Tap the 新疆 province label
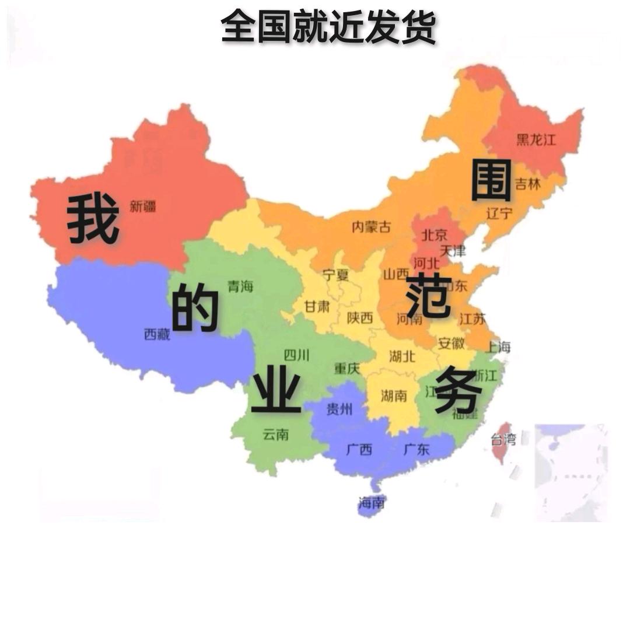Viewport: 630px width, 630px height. tap(143, 206)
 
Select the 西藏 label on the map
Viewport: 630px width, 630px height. tap(157, 334)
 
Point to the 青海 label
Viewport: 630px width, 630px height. tap(240, 286)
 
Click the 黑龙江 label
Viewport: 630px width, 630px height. tap(536, 139)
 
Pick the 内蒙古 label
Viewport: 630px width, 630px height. tap(371, 227)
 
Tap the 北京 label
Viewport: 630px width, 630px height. tap(435, 235)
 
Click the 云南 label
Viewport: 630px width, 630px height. tap(275, 435)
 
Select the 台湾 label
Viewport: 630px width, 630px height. tap(503, 439)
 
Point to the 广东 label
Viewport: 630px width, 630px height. tap(416, 449)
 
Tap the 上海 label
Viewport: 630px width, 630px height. tap(498, 347)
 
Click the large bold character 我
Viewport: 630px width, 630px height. tap(93, 219)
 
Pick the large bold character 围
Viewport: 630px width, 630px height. tap(491, 180)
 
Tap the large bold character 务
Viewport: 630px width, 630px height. tap(459, 390)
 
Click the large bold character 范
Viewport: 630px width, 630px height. tap(429, 296)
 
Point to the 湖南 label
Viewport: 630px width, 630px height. tap(394, 396)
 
